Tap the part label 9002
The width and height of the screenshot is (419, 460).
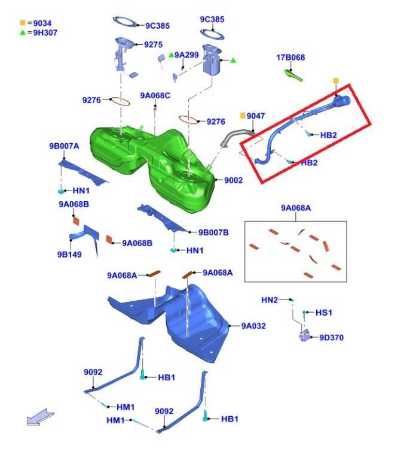(x=233, y=180)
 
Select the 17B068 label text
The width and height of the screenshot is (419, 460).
(x=290, y=57)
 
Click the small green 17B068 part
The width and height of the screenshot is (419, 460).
(x=293, y=75)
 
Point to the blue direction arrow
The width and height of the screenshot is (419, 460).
(x=41, y=417)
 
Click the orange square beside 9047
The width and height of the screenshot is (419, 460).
(x=243, y=116)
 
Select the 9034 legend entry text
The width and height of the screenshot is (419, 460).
(x=42, y=23)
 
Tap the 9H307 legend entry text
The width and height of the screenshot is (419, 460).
(x=45, y=32)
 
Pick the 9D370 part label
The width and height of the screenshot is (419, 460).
(x=331, y=337)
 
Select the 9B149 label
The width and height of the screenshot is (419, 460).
(x=69, y=255)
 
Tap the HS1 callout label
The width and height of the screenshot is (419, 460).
(x=323, y=313)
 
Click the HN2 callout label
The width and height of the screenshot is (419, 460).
(x=270, y=300)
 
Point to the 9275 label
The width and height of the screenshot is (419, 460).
(x=153, y=44)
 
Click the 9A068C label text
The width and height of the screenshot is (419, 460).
(x=155, y=96)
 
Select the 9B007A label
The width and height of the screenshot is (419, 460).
(x=64, y=146)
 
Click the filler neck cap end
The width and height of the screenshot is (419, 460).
(x=343, y=101)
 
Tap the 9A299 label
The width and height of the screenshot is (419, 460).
(x=186, y=55)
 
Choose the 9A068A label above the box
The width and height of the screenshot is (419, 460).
(x=296, y=208)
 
